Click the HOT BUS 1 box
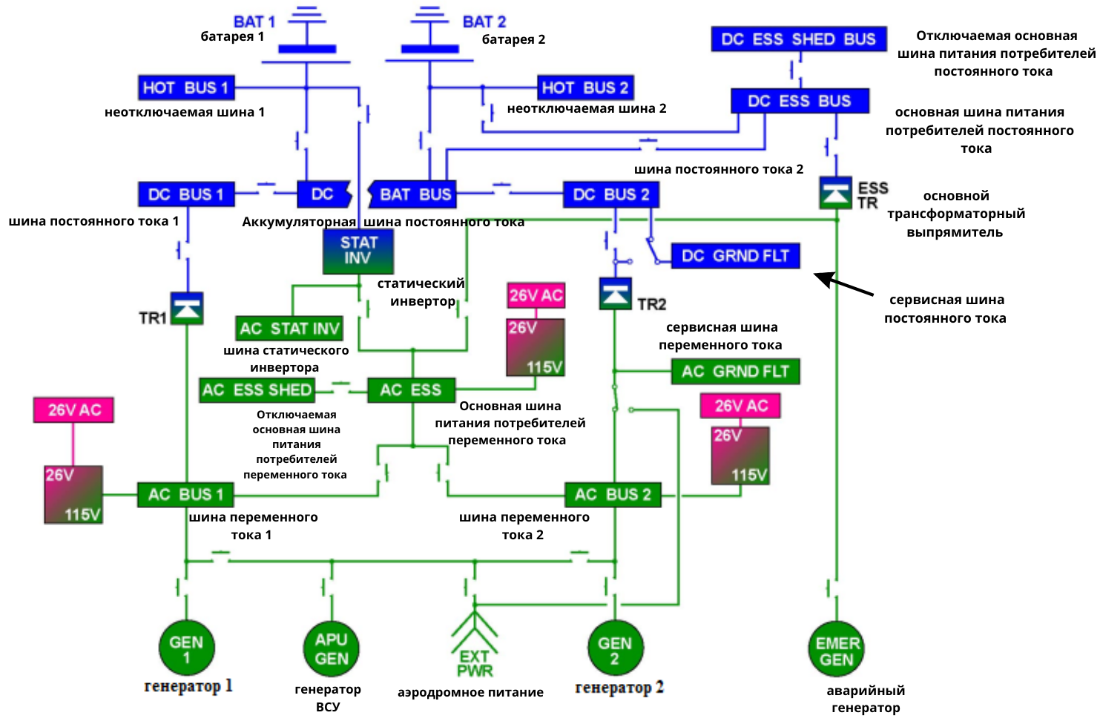tap(186, 88)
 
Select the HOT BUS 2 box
tap(584, 88)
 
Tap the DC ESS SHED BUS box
tap(798, 39)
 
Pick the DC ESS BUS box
tap(799, 101)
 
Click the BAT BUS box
tap(414, 194)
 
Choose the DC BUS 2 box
tap(610, 194)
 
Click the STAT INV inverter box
tap(358, 251)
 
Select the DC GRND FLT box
tap(735, 256)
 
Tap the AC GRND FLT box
tap(735, 372)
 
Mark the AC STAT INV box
tap(289, 329)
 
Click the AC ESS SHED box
tap(257, 390)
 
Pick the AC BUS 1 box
tap(185, 494)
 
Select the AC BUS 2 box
tap(613, 494)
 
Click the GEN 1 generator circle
tap(186, 648)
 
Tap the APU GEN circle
tap(331, 648)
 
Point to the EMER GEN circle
tap(837, 650)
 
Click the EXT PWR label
tap(474, 663)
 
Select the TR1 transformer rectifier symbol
tap(187, 309)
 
